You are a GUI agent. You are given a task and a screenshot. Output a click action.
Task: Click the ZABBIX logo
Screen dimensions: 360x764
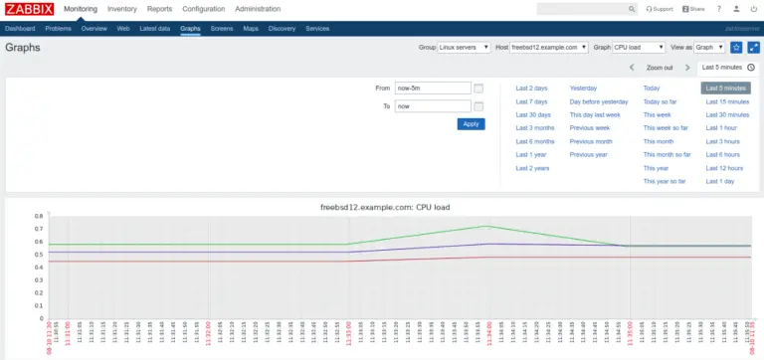tap(30, 9)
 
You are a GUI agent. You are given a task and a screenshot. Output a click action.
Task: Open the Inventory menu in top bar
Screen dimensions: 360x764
tap(121, 9)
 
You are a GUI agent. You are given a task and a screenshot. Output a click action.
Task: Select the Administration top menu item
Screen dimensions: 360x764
tap(258, 9)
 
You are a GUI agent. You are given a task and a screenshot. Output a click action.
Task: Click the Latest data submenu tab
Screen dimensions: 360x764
tap(154, 29)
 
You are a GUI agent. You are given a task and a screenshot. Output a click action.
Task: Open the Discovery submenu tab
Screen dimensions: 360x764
tap(282, 29)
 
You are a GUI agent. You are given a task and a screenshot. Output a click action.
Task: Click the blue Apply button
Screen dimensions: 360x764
tap(471, 124)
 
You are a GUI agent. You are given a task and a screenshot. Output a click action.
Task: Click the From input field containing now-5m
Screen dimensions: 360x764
tap(432, 88)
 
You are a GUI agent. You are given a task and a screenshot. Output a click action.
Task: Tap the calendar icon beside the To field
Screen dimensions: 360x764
tap(478, 106)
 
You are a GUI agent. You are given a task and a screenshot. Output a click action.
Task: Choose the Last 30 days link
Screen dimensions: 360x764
tap(533, 114)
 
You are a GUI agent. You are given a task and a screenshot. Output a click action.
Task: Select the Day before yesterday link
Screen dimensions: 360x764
tap(598, 101)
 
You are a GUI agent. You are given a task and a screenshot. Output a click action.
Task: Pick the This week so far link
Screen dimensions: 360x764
tap(665, 128)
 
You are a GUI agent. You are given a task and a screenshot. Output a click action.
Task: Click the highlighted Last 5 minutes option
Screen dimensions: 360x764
tap(725, 89)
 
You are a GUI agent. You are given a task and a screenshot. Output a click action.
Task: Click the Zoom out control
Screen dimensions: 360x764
tap(659, 68)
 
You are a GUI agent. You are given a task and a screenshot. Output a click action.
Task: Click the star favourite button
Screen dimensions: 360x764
tap(736, 47)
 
